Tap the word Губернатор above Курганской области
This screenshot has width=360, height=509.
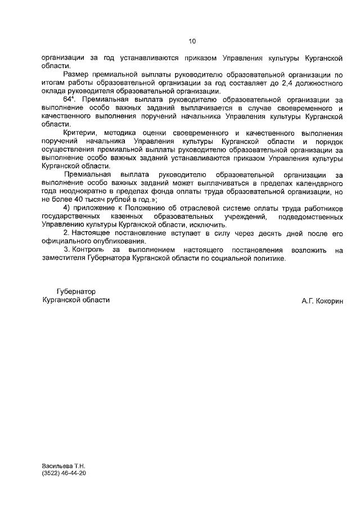[76, 292]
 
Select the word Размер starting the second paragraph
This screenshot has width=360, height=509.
[75, 75]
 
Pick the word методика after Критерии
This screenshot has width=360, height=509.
[122, 133]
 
